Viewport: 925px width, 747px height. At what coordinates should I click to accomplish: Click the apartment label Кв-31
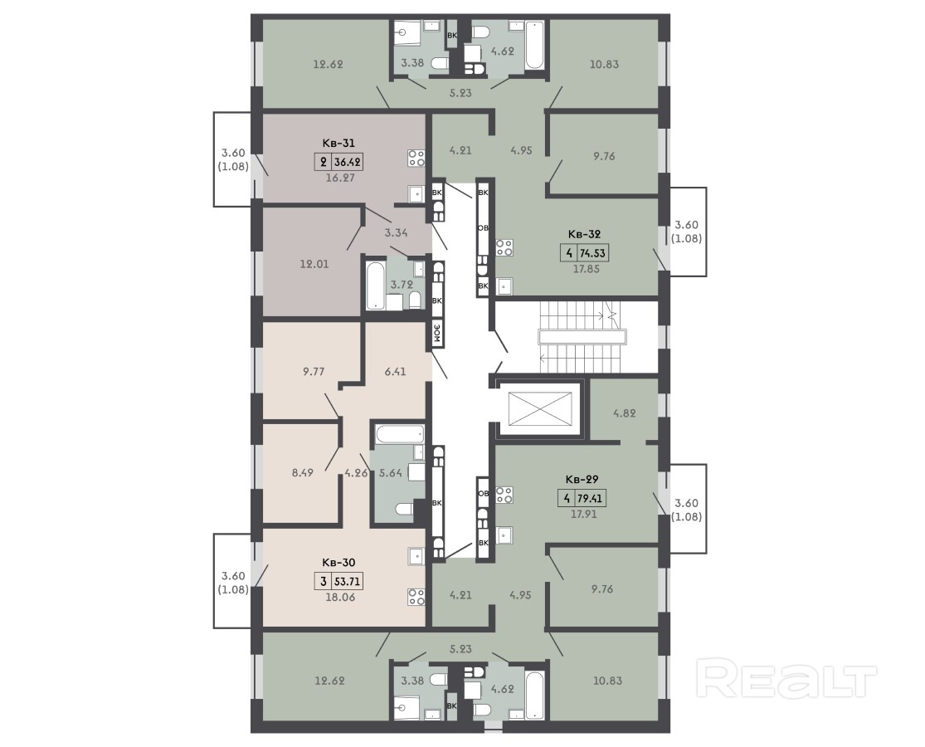point(338,143)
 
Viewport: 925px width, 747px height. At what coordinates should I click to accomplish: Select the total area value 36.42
point(348,162)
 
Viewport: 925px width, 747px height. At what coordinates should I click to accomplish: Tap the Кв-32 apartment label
point(584,234)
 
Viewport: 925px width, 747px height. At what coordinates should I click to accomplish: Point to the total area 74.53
point(593,253)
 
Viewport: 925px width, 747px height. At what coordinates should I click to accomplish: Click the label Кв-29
point(582,479)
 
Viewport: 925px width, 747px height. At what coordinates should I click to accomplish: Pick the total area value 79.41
point(590,498)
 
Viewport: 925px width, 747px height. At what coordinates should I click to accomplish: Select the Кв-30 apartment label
point(338,562)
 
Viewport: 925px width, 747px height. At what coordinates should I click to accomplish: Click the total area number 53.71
point(348,581)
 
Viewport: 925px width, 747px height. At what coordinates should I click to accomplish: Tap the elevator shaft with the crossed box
point(540,408)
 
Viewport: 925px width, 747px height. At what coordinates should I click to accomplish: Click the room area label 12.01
point(314,264)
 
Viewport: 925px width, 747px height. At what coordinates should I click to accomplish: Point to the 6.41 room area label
point(395,371)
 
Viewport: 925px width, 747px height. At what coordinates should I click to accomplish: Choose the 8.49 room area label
point(302,472)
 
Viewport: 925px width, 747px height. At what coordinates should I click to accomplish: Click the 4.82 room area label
point(624,413)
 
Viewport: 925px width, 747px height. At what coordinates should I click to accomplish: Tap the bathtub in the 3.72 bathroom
point(375,286)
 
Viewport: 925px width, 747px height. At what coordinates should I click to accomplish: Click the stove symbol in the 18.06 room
point(416,597)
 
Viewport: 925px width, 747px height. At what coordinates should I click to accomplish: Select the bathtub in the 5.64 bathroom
point(400,436)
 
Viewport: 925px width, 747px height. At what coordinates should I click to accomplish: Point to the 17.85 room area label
point(587,268)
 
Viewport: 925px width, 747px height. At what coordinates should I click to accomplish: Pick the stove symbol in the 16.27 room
point(416,158)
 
